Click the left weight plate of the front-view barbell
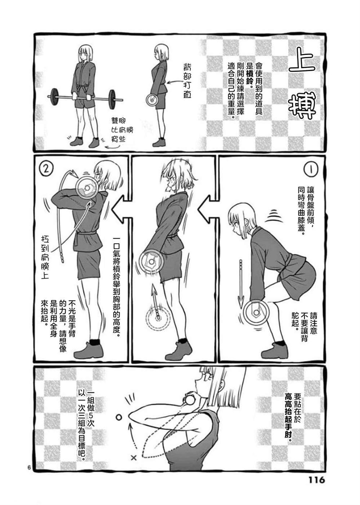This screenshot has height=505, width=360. [x=54, y=97]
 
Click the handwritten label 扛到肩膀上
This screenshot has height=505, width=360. [x=45, y=257]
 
